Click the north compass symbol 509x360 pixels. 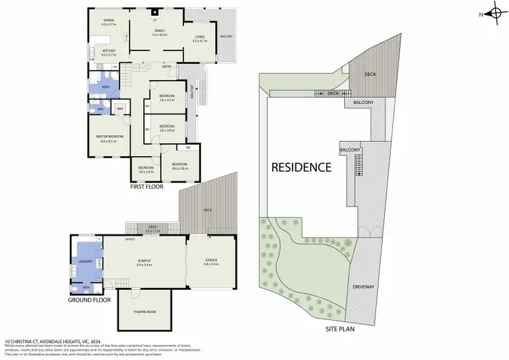pyautogui.click(x=492, y=14)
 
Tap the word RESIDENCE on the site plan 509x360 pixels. pyautogui.click(x=301, y=166)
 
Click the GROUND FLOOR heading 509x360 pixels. pyautogui.click(x=89, y=299)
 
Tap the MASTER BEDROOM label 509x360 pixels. pyautogui.click(x=109, y=137)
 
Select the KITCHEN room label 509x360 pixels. pyautogui.click(x=109, y=51)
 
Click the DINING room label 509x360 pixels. pyautogui.click(x=109, y=20)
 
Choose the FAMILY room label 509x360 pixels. pyautogui.click(x=159, y=31)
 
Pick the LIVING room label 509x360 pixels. pyautogui.click(x=199, y=37)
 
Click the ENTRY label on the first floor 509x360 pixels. pyautogui.click(x=166, y=67)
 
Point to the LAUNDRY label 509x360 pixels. pyautogui.click(x=86, y=260)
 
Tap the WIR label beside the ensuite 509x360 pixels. pyautogui.click(x=119, y=109)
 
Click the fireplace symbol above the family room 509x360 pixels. pyautogui.click(x=154, y=12)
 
